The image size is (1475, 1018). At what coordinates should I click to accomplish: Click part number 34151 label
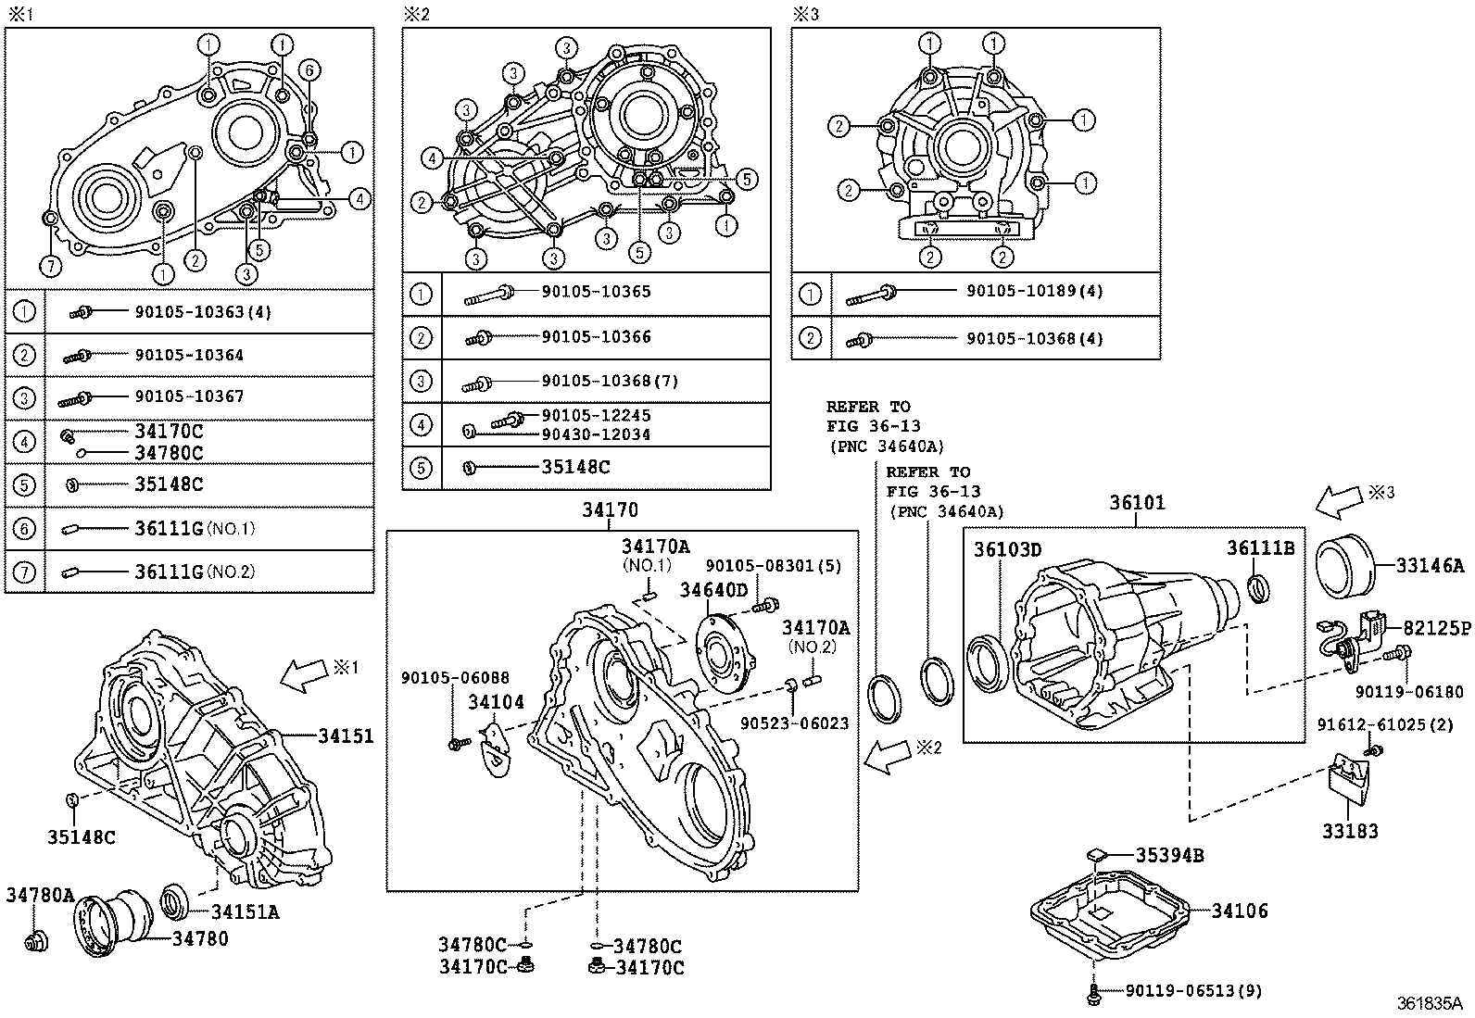tap(346, 736)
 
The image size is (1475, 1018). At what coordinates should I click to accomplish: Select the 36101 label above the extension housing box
tap(1137, 503)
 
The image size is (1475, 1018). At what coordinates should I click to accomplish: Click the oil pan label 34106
tap(1240, 911)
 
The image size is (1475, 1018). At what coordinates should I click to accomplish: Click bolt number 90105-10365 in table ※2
tap(596, 292)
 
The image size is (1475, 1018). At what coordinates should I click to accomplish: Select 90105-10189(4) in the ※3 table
tap(1034, 291)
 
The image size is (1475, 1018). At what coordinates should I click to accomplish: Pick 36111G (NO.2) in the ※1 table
tap(194, 572)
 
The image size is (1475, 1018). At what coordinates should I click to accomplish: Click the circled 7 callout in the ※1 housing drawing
tap(50, 267)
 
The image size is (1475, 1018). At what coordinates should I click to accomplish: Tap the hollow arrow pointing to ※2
tap(887, 755)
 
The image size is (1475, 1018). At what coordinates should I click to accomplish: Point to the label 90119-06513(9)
tap(1193, 991)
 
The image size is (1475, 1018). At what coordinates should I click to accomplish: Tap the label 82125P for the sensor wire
tap(1436, 629)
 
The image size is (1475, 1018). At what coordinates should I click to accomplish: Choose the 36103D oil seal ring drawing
tap(989, 662)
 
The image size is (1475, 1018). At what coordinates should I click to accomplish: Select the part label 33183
tap(1350, 831)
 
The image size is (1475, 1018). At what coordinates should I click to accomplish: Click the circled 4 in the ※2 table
tap(421, 424)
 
